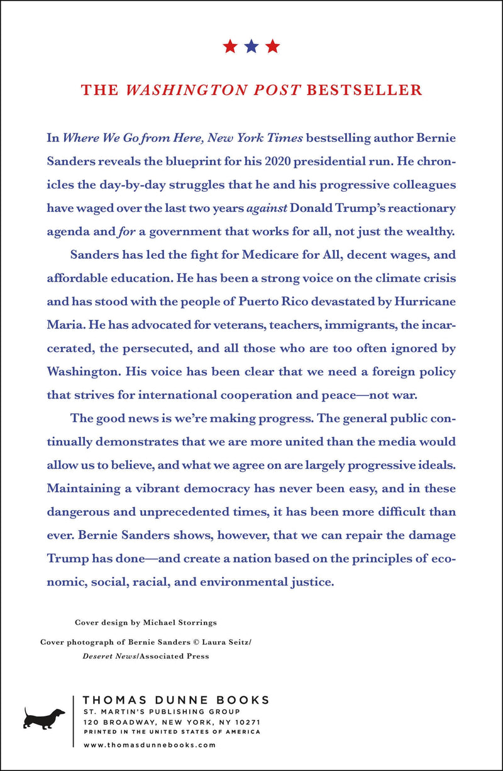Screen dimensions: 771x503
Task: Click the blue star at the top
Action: pos(251,46)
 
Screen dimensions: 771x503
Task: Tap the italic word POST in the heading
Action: pos(276,90)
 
